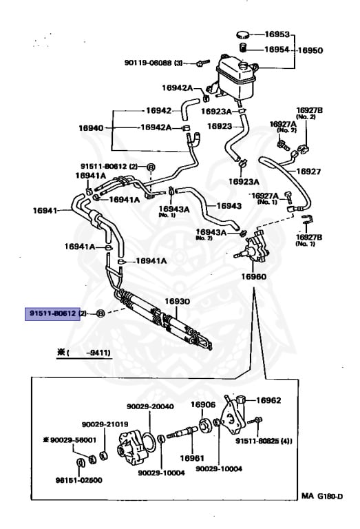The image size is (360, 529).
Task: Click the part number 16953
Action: point(277,34)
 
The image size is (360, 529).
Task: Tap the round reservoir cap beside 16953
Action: point(244,34)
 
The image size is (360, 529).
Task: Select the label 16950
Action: point(310,50)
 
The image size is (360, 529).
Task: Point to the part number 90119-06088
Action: point(148,63)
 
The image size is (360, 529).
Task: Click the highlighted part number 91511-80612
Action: point(52,313)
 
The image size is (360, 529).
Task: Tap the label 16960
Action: point(253,277)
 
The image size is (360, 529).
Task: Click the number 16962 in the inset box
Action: point(268,400)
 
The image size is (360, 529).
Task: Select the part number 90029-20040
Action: point(150,406)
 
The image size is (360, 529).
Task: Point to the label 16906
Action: point(203,404)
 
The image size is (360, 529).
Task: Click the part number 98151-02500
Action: point(79,480)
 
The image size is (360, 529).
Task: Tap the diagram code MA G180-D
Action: point(322,496)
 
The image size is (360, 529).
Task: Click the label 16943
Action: point(229,205)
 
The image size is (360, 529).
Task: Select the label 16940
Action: point(91,128)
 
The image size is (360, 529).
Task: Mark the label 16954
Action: point(277,50)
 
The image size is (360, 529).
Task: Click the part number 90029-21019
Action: point(105,424)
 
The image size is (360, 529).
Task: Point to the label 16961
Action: point(192,458)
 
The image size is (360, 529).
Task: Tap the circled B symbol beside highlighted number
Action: point(100,313)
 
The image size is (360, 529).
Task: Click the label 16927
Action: point(308,172)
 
